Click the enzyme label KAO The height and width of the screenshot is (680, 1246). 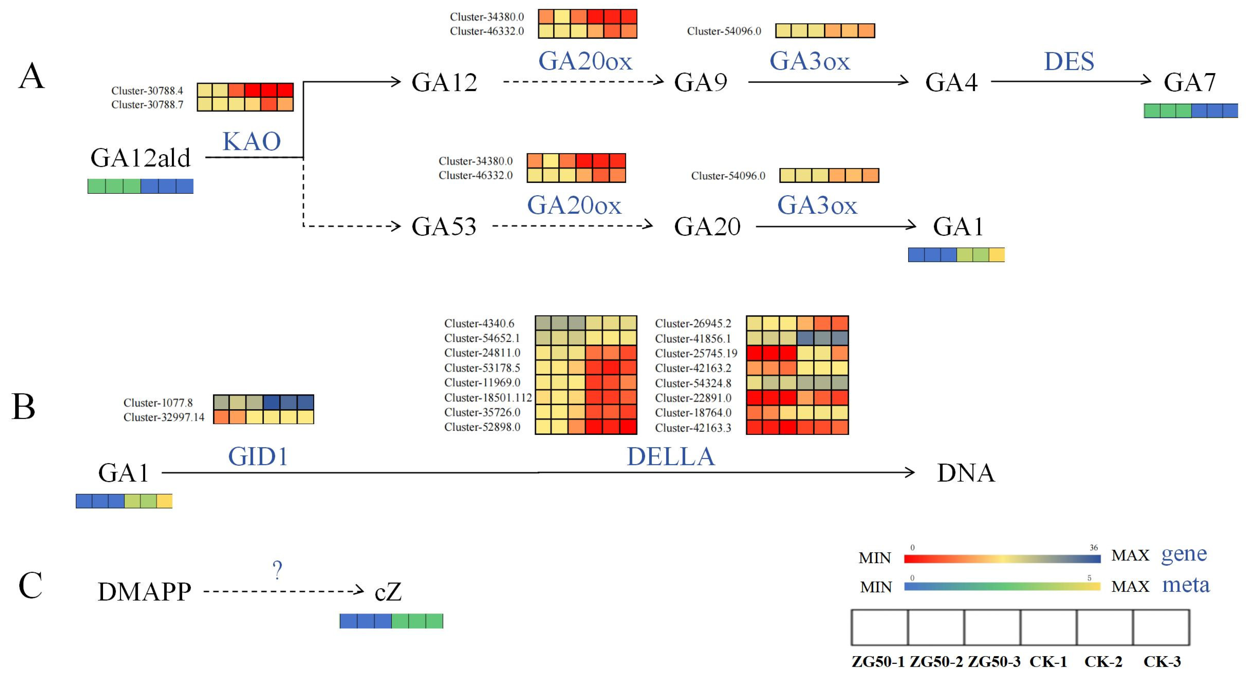(x=251, y=141)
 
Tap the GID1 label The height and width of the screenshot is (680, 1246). (x=258, y=456)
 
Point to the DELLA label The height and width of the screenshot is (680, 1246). (x=671, y=456)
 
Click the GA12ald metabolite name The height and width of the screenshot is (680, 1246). (x=140, y=158)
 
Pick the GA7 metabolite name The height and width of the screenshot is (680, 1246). (x=1190, y=82)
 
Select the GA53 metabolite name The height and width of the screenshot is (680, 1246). (x=444, y=226)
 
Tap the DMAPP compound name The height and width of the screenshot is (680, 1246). (x=144, y=592)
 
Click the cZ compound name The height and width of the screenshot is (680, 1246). (x=388, y=592)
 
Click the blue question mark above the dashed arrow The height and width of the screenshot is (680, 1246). (x=277, y=570)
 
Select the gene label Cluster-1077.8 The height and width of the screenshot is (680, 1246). (x=158, y=403)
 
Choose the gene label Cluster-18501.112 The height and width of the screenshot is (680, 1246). (x=488, y=397)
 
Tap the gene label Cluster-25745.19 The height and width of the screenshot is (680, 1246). (x=696, y=353)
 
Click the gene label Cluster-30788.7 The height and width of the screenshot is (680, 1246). (x=147, y=104)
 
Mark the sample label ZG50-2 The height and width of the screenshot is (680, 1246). (x=936, y=662)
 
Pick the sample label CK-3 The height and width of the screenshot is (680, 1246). (x=1162, y=662)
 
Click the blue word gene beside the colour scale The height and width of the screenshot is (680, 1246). (x=1184, y=554)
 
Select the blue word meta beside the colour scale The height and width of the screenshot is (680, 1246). (x=1186, y=585)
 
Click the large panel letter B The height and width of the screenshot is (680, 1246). (x=23, y=407)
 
